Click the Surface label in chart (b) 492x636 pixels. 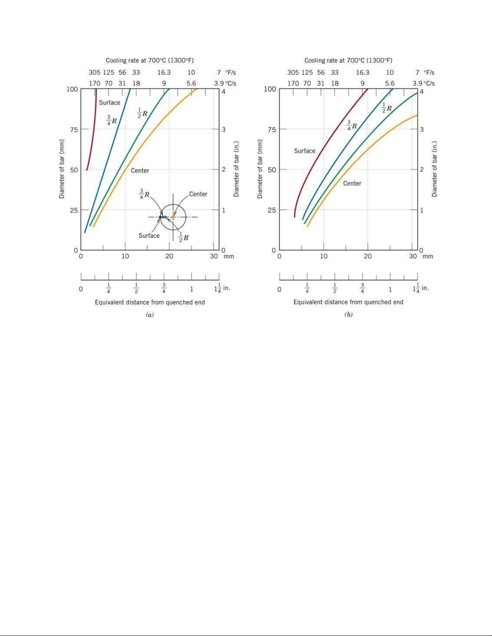click(304, 151)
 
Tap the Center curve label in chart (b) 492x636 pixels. click(352, 183)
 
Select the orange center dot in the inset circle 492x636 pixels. click(173, 217)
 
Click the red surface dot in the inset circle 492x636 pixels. click(160, 217)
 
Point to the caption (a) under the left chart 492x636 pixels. click(149, 315)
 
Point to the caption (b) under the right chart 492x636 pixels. click(348, 315)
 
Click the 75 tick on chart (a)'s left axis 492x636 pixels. click(72, 130)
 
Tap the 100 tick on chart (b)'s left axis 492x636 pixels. click(270, 89)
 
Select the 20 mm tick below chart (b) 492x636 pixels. click(367, 256)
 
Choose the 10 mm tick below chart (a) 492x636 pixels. click(125, 256)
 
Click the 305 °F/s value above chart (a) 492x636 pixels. click(94, 73)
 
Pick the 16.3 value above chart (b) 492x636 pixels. click(362, 73)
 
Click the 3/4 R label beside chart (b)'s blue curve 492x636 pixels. click(351, 125)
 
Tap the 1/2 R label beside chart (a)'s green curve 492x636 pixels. click(142, 113)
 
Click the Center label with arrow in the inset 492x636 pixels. click(198, 194)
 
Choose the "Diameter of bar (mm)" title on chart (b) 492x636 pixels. click(260, 169)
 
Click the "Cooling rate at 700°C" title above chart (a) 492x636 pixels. click(149, 61)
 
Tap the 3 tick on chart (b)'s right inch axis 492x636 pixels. click(422, 130)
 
